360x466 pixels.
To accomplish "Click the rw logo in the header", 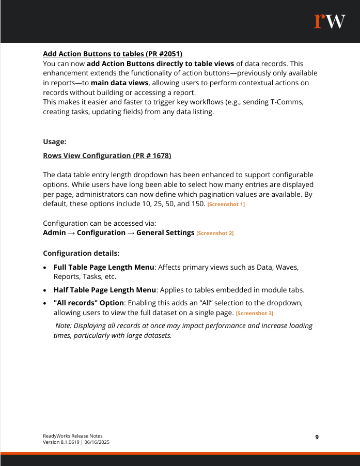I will pos(330,21).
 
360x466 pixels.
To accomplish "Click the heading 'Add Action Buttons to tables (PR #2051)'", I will pos(113,54).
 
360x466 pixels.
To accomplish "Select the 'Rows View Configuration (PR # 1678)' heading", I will pos(107,156).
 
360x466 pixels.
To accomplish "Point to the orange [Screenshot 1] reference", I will pos(226,205).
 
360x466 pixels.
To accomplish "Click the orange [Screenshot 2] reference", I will pos(215,234).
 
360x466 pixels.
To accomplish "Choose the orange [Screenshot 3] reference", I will pos(255,314).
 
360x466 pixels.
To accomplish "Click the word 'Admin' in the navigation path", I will pos(54,233).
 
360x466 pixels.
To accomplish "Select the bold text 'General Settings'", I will pos(165,233).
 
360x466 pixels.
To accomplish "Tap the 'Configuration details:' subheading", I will pos(81,253).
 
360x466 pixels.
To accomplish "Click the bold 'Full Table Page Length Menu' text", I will pos(104,267).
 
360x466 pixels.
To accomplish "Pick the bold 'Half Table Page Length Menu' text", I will pos(104,291).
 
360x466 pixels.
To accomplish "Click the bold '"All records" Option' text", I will pos(89,302).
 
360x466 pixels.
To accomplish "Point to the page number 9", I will pos(317,437).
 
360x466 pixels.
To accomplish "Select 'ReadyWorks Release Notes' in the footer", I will pos(69,436).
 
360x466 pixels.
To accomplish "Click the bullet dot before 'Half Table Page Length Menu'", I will pos(46,291).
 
